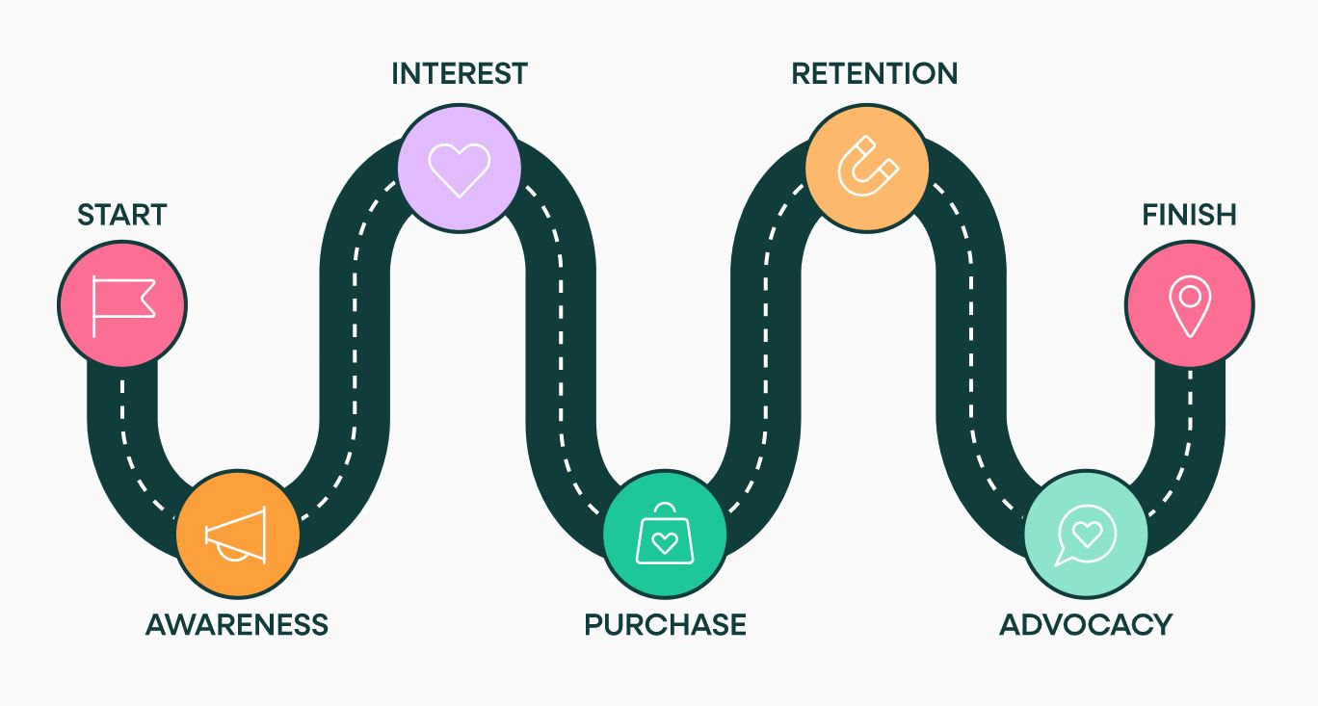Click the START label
coord(122,215)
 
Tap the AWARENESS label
coord(237,624)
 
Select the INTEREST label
coord(460,73)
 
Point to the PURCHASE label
coord(665,624)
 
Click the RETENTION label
coord(875,73)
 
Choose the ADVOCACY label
coord(1086,624)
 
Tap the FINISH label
coord(1189,215)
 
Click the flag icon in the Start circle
coord(123,306)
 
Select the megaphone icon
coord(236,535)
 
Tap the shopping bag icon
coord(665,535)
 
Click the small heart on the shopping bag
coord(665,542)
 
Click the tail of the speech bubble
coord(1063,559)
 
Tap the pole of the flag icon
coord(93,306)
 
